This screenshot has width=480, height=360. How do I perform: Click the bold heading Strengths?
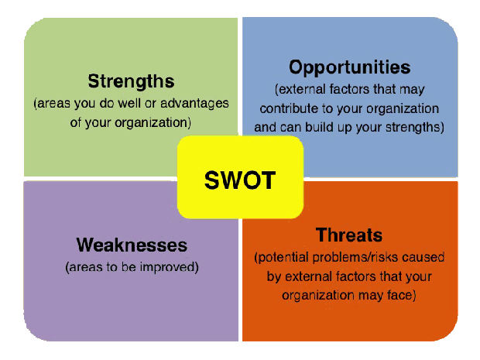pyautogui.click(x=131, y=82)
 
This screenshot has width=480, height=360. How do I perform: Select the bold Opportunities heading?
pyautogui.click(x=350, y=67)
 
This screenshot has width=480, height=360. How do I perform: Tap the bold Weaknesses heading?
pyautogui.click(x=132, y=245)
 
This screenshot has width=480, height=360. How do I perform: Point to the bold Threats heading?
pyautogui.click(x=349, y=235)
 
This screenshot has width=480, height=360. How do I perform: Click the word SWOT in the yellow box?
pyautogui.click(x=240, y=180)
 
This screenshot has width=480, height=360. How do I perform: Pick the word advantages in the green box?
pyautogui.click(x=194, y=104)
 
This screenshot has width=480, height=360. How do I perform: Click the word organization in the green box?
pyautogui.click(x=153, y=123)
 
